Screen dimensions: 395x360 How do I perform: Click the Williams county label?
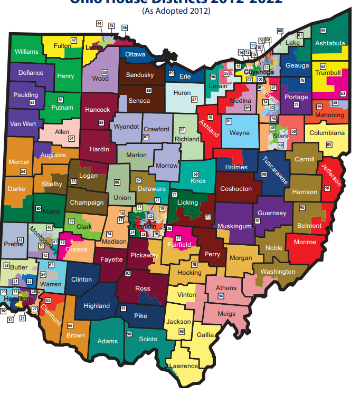26,52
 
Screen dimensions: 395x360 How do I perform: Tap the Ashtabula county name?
329,43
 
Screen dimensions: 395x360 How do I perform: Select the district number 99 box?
323,30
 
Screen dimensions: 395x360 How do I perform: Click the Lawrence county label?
184,366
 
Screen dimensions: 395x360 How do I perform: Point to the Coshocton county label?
235,188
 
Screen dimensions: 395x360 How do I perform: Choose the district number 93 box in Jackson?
182,331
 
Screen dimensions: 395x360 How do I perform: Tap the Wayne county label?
239,133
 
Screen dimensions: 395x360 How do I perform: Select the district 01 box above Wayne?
229,121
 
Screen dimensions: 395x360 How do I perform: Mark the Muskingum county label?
235,226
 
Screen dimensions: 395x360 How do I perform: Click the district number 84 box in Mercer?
23,172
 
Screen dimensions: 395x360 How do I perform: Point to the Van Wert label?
23,124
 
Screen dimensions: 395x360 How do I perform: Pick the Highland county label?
97,306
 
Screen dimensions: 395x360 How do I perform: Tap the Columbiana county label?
327,133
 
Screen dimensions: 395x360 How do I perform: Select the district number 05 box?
329,144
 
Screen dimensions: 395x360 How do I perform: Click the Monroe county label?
305,242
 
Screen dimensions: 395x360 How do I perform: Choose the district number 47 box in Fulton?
74,41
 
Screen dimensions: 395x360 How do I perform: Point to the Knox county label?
198,181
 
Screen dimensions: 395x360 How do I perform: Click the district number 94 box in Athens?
221,296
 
